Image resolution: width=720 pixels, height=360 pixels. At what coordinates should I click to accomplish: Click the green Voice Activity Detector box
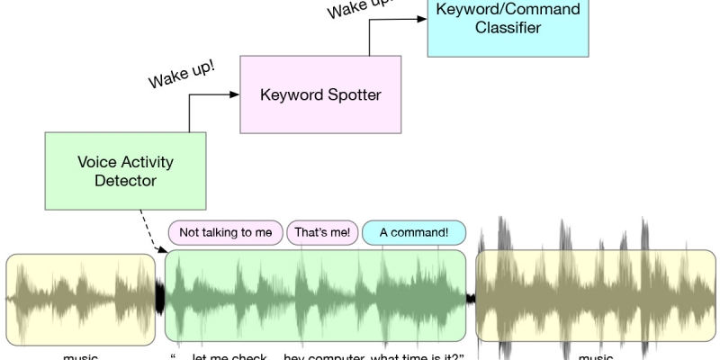pyautogui.click(x=126, y=171)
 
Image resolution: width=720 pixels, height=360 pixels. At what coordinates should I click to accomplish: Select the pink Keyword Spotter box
pyautogui.click(x=319, y=94)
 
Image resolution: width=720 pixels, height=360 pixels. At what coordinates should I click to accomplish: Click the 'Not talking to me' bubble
pyautogui.click(x=225, y=233)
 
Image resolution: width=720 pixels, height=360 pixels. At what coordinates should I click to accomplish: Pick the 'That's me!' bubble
pyautogui.click(x=321, y=233)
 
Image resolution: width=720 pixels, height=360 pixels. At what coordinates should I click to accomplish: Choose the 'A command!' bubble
pyautogui.click(x=414, y=233)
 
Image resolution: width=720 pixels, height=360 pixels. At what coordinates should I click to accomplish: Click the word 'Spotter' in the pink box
pyautogui.click(x=354, y=94)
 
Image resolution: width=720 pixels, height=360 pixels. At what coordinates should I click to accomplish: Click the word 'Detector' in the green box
pyautogui.click(x=126, y=181)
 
